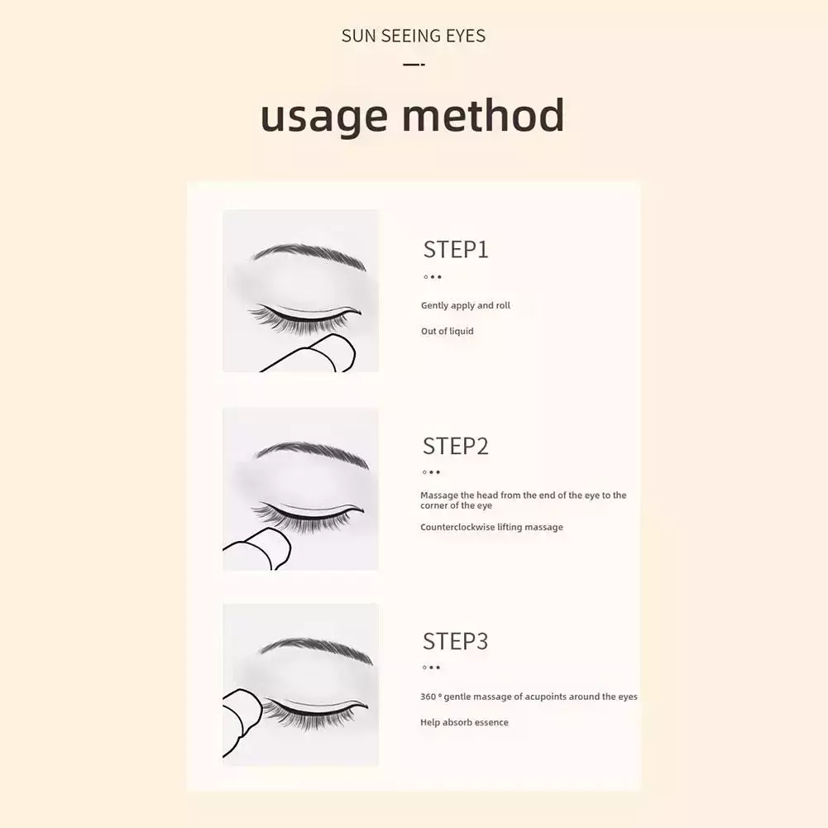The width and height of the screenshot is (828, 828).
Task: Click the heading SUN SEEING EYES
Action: click(x=414, y=36)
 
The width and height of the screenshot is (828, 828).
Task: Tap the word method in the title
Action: click(x=483, y=115)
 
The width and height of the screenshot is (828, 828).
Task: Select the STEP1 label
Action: click(x=456, y=250)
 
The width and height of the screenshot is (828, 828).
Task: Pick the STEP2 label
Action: click(x=456, y=446)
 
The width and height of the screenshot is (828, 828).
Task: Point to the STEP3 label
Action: click(x=455, y=641)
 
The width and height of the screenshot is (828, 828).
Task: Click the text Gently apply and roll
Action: click(x=465, y=306)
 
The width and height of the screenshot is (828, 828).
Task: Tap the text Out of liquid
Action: click(x=447, y=331)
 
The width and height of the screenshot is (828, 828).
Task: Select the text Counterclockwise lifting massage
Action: click(x=491, y=527)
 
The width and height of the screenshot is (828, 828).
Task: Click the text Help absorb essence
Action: click(x=464, y=722)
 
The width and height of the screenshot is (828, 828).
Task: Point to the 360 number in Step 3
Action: click(x=428, y=696)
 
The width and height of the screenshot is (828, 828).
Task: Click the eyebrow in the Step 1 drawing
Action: click(x=309, y=255)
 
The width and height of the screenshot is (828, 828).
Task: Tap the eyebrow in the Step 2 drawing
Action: click(x=311, y=452)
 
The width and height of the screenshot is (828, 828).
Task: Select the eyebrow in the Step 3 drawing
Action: click(x=316, y=649)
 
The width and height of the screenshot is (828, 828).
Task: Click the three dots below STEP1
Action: click(x=432, y=277)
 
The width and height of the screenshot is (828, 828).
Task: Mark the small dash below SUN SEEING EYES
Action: click(x=414, y=65)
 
